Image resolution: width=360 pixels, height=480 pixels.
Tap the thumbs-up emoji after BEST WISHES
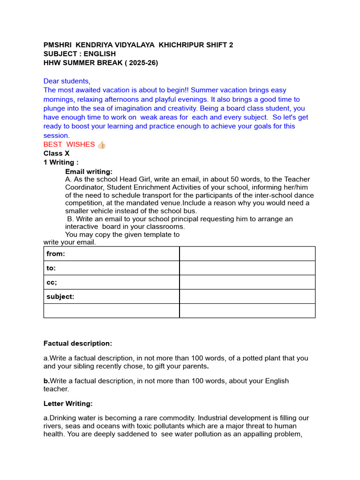point(101,144)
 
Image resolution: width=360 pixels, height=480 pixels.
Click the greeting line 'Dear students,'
point(67,81)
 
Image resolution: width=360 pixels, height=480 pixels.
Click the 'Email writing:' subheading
point(89,172)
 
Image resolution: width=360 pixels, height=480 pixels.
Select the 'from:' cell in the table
point(111,254)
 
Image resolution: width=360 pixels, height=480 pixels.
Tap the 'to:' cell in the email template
point(111,268)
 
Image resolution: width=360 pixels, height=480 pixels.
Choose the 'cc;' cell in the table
point(111,282)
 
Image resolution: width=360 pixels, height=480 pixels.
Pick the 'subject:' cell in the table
point(111,296)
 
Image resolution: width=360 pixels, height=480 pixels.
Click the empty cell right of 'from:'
point(247,254)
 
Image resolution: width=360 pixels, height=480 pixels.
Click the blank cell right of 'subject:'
point(247,296)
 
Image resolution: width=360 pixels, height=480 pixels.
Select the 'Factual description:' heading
point(78,344)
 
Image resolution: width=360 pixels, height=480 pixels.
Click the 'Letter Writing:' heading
point(68,403)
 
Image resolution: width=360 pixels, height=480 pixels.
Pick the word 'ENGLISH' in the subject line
point(100,54)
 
